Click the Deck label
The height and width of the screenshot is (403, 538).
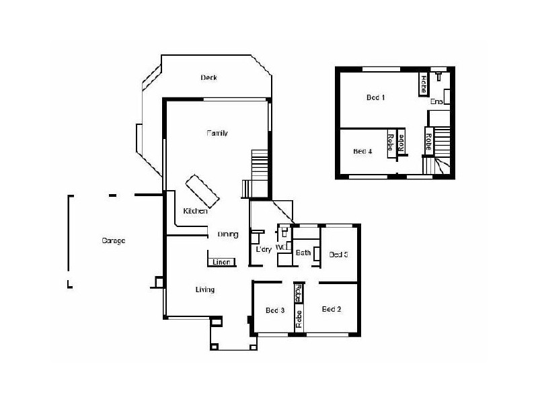tap(208, 77)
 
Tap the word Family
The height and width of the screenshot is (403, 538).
tap(217, 133)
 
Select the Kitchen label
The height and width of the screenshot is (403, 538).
tap(195, 211)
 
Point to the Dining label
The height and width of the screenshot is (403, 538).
tap(228, 234)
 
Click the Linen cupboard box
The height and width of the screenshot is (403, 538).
tap(221, 262)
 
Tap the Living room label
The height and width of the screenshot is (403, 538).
tap(204, 289)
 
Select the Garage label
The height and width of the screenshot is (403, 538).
tap(114, 240)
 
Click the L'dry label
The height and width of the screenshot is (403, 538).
tap(264, 251)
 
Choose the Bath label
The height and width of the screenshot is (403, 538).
tap(303, 253)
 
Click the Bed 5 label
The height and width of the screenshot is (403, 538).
tap(338, 254)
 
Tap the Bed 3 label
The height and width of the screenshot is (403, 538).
tap(275, 310)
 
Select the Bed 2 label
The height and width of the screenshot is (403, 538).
tap(332, 309)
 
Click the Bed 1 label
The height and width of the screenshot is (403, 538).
tap(375, 97)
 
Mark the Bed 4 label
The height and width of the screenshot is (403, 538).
tap(362, 151)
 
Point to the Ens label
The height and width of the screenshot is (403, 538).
tap(436, 101)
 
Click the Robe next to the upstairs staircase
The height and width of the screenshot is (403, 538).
tap(427, 142)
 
